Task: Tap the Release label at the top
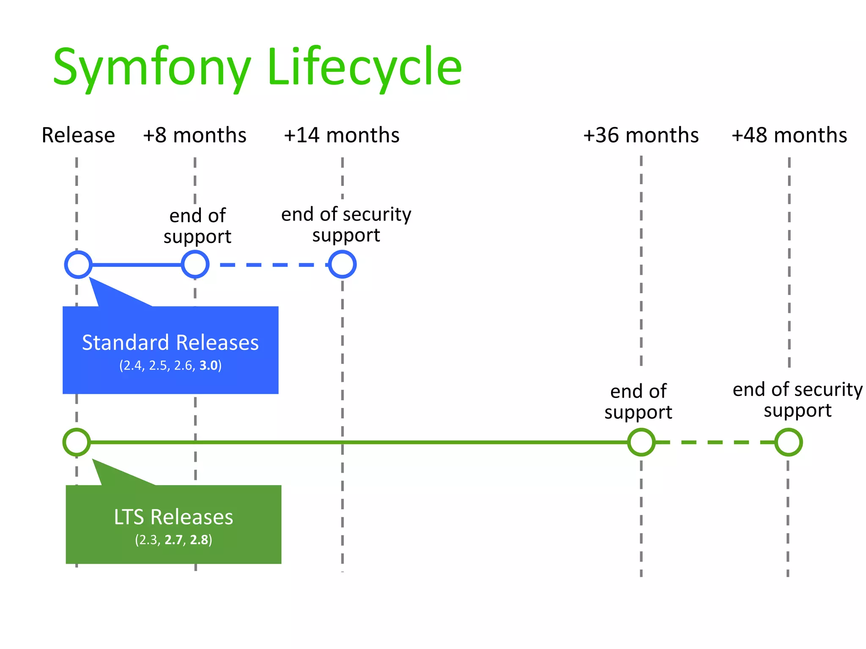pyautogui.click(x=78, y=136)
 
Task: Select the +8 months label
pyautogui.click(x=195, y=136)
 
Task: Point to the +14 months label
pyautogui.click(x=342, y=136)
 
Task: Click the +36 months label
pyautogui.click(x=641, y=136)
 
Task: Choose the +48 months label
pyautogui.click(x=789, y=136)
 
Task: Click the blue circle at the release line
pyautogui.click(x=78, y=265)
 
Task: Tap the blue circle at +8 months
pyautogui.click(x=195, y=265)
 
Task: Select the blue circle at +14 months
pyautogui.click(x=342, y=265)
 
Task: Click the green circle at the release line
pyautogui.click(x=77, y=442)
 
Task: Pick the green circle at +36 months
pyautogui.click(x=641, y=442)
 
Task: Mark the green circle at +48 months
pyautogui.click(x=788, y=442)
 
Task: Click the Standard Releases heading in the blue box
pyautogui.click(x=170, y=343)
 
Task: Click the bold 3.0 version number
pyautogui.click(x=208, y=365)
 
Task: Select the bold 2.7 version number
pyautogui.click(x=173, y=540)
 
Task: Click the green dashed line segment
pyautogui.click(x=715, y=442)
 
